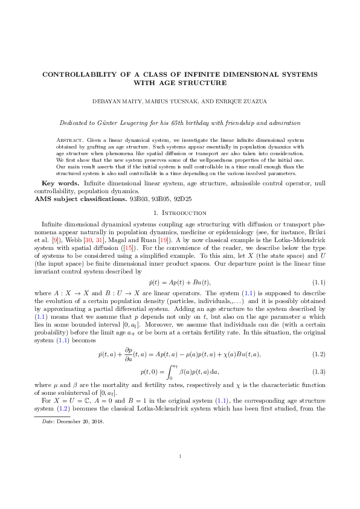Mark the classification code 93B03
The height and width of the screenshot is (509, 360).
tap(141, 198)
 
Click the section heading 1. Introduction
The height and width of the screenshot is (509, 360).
tap(180, 213)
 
